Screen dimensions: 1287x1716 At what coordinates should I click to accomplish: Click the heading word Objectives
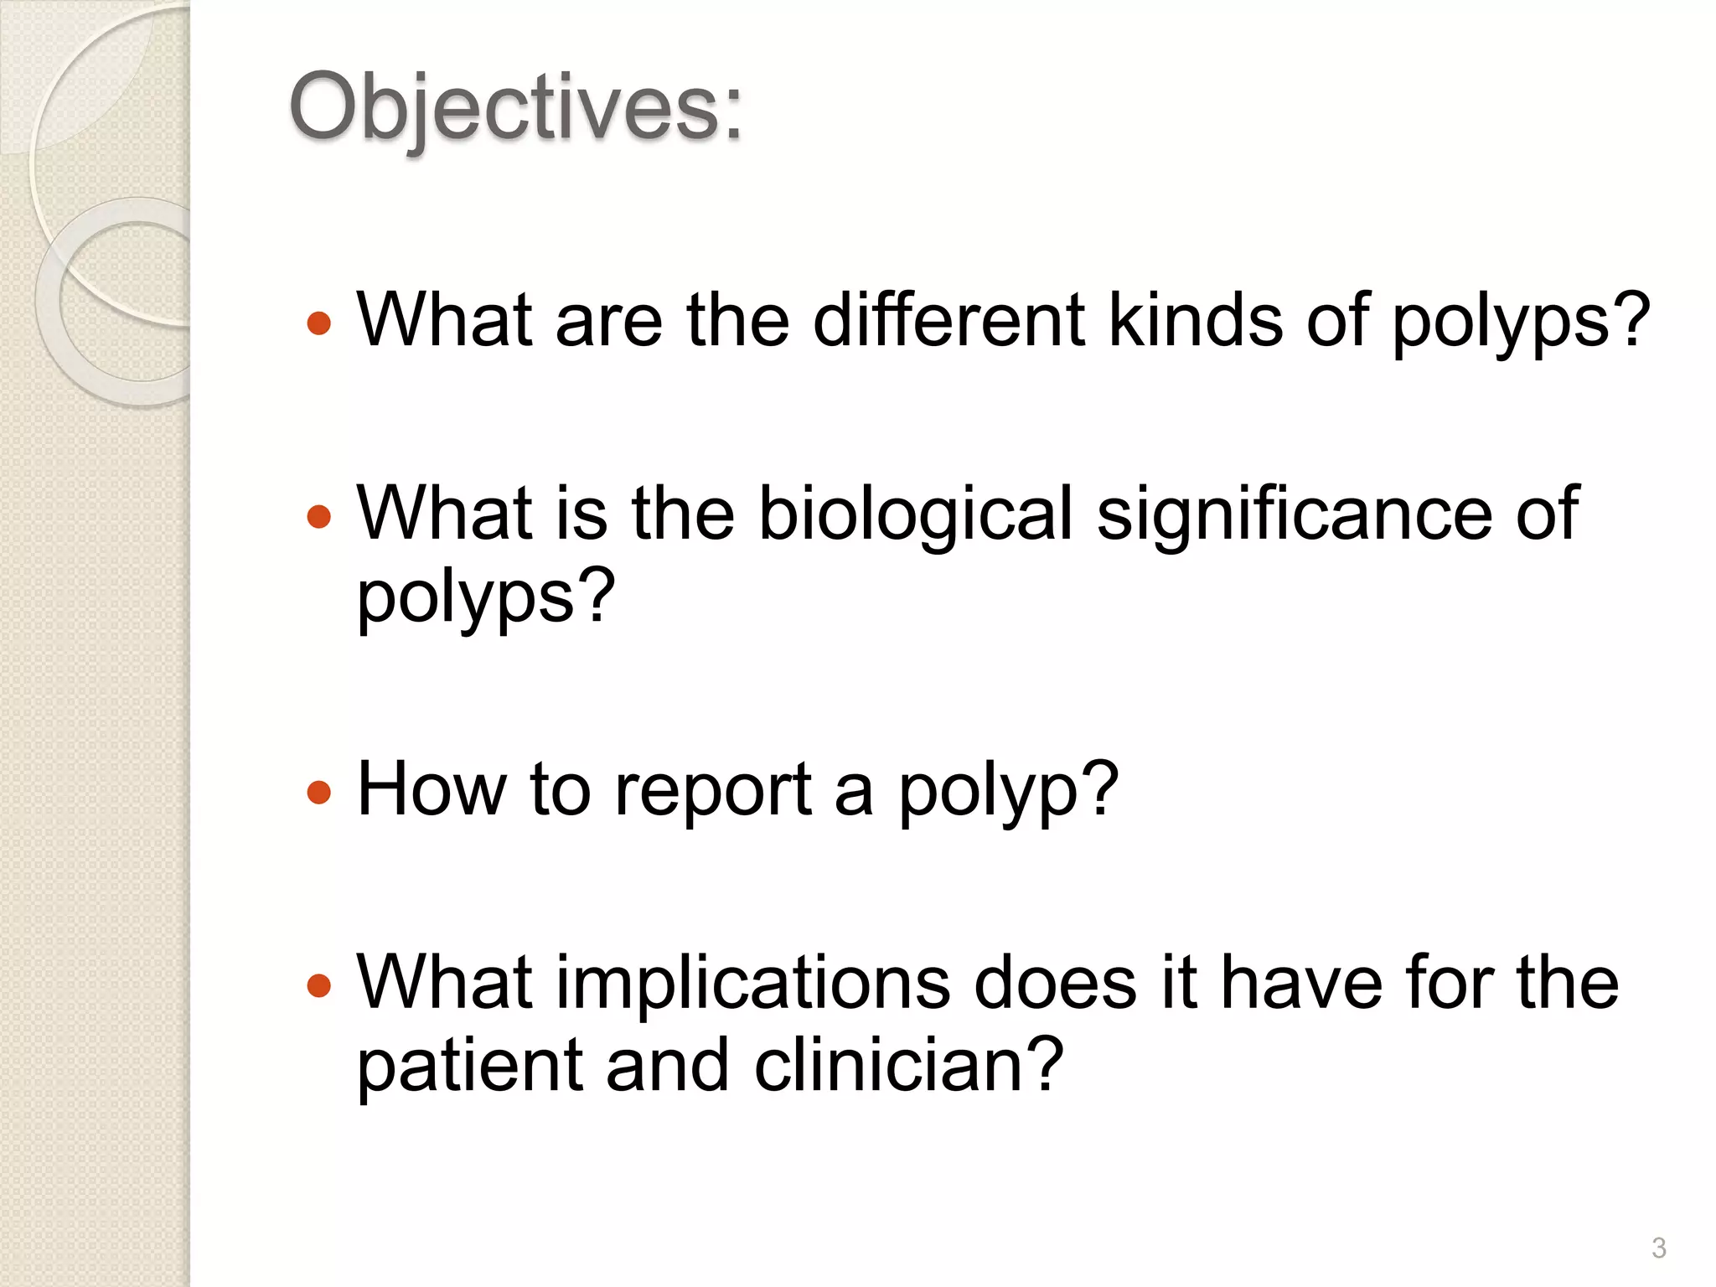point(514,109)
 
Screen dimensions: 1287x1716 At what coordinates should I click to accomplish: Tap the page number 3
point(1658,1248)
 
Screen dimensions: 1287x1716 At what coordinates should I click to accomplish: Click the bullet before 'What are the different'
point(319,323)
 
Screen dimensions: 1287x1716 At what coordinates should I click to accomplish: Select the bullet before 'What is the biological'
point(319,516)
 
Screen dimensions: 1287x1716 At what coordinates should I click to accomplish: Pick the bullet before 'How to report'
point(319,792)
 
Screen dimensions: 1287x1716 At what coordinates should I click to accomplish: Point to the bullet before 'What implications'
point(319,985)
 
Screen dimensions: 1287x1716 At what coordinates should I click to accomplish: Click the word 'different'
point(948,320)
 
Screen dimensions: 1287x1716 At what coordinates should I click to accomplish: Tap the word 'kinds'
point(1195,320)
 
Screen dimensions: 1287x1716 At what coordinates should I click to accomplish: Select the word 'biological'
point(916,514)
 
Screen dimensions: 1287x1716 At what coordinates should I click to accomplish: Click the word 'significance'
point(1295,514)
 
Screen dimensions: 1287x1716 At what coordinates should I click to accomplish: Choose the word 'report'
point(713,791)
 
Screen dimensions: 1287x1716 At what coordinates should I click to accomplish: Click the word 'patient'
point(469,1066)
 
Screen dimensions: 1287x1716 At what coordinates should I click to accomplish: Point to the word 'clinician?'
point(909,1066)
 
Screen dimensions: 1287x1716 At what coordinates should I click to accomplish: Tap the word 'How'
point(432,789)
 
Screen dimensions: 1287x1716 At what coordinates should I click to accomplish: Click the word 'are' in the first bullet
point(608,322)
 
